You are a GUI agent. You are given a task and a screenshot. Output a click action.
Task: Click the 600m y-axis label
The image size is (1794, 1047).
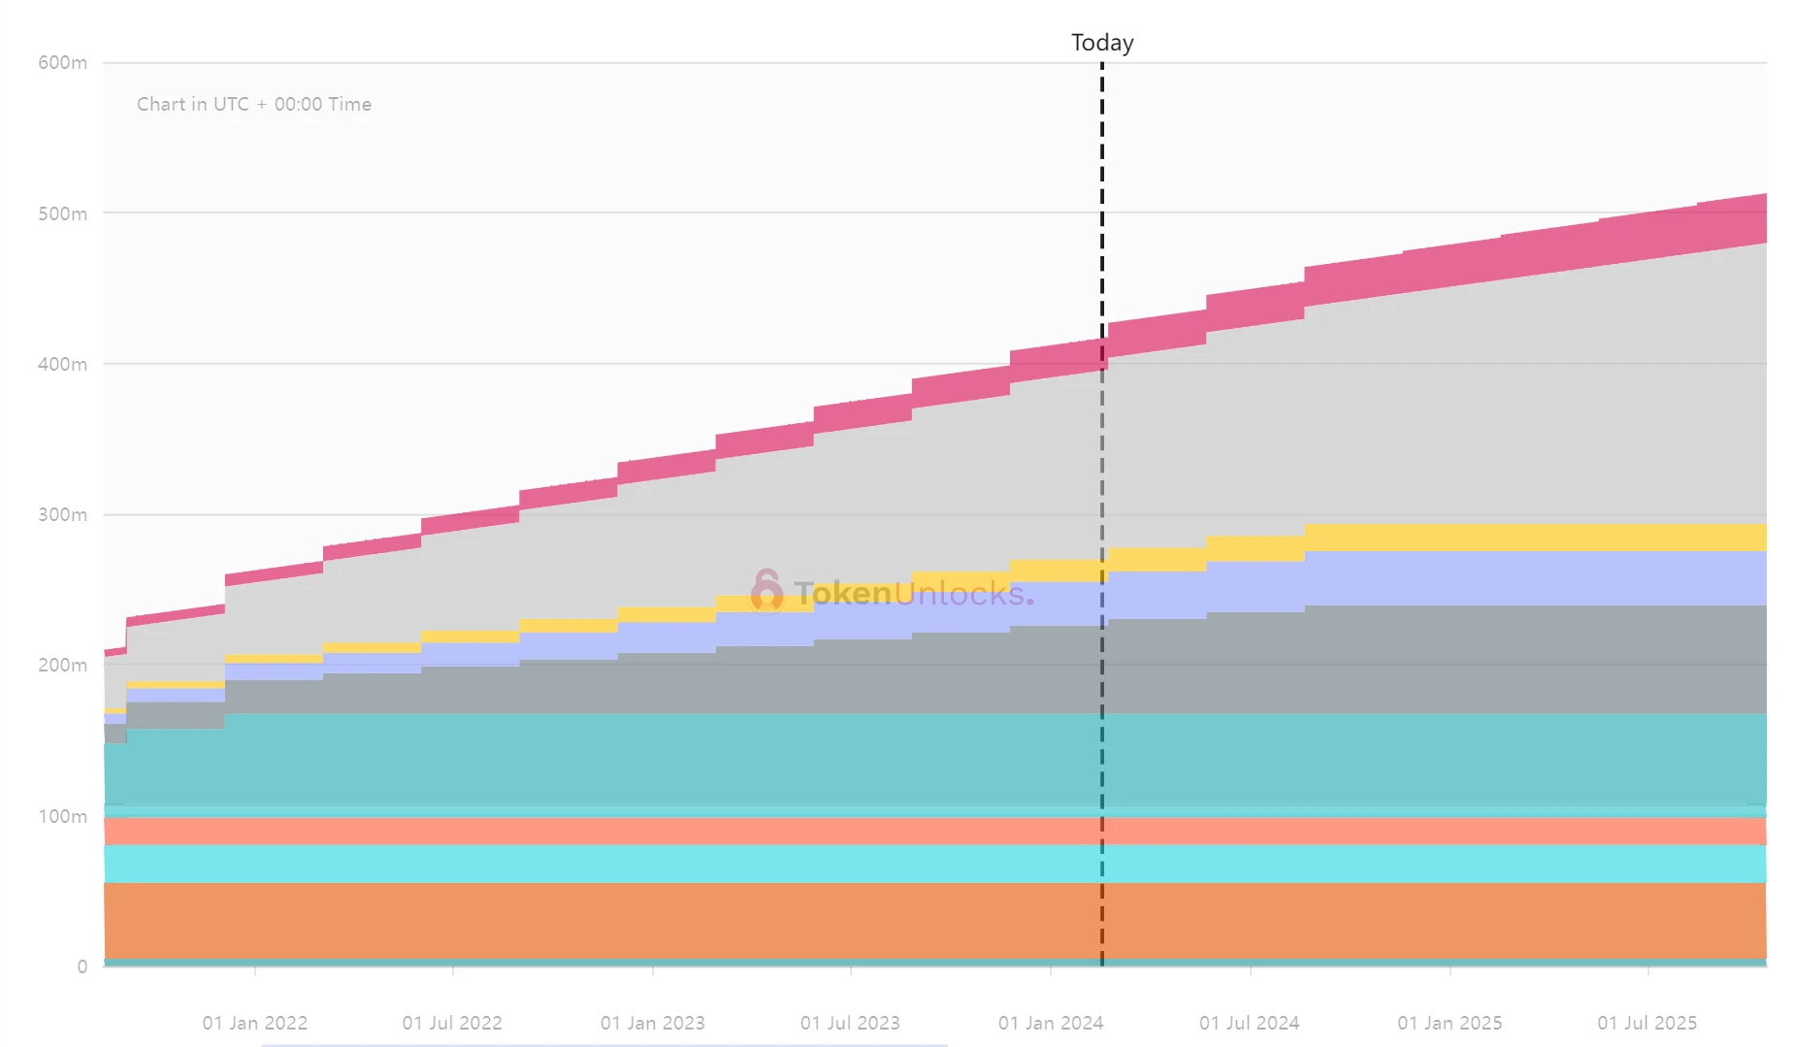coord(62,63)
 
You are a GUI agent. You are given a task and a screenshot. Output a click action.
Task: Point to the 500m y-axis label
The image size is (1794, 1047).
coord(62,213)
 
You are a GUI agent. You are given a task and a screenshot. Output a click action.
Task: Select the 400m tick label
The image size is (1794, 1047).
coord(62,364)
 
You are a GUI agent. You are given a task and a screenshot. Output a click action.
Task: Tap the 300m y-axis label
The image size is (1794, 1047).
coord(62,514)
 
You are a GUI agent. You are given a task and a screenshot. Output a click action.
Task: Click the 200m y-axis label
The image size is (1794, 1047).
coord(62,665)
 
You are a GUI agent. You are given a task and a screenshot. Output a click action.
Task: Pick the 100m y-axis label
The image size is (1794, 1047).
coord(62,816)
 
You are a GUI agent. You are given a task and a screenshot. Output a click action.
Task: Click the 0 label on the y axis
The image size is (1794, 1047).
coord(82,966)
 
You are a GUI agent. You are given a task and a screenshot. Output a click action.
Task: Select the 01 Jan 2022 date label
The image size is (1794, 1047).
coord(254,1023)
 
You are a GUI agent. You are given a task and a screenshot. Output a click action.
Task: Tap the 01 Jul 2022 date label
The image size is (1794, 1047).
coord(452,1023)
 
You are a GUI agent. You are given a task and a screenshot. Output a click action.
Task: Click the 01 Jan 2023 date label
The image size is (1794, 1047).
coord(652,1023)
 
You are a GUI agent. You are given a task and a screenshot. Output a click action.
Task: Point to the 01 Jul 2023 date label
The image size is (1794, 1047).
coord(850,1023)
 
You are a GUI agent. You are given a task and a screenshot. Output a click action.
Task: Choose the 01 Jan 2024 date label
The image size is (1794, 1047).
coord(1051,1023)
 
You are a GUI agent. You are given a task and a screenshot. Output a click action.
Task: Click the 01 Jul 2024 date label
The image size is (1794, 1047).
coord(1250,1023)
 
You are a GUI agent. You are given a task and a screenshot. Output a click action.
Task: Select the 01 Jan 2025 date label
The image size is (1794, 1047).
coord(1450,1023)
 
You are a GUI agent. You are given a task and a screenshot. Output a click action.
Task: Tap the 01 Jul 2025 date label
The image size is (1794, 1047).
coord(1647,1023)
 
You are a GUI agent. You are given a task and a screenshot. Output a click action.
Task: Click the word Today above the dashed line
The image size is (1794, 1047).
coord(1102,43)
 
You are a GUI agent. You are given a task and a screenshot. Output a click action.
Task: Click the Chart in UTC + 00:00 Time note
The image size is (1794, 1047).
coord(254,104)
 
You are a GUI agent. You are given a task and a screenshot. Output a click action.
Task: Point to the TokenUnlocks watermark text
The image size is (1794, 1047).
coord(912,592)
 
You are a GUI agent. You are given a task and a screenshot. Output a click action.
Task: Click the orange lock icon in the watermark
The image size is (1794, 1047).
coord(767,590)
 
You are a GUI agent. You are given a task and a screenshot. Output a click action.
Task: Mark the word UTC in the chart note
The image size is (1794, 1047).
coord(231,104)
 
